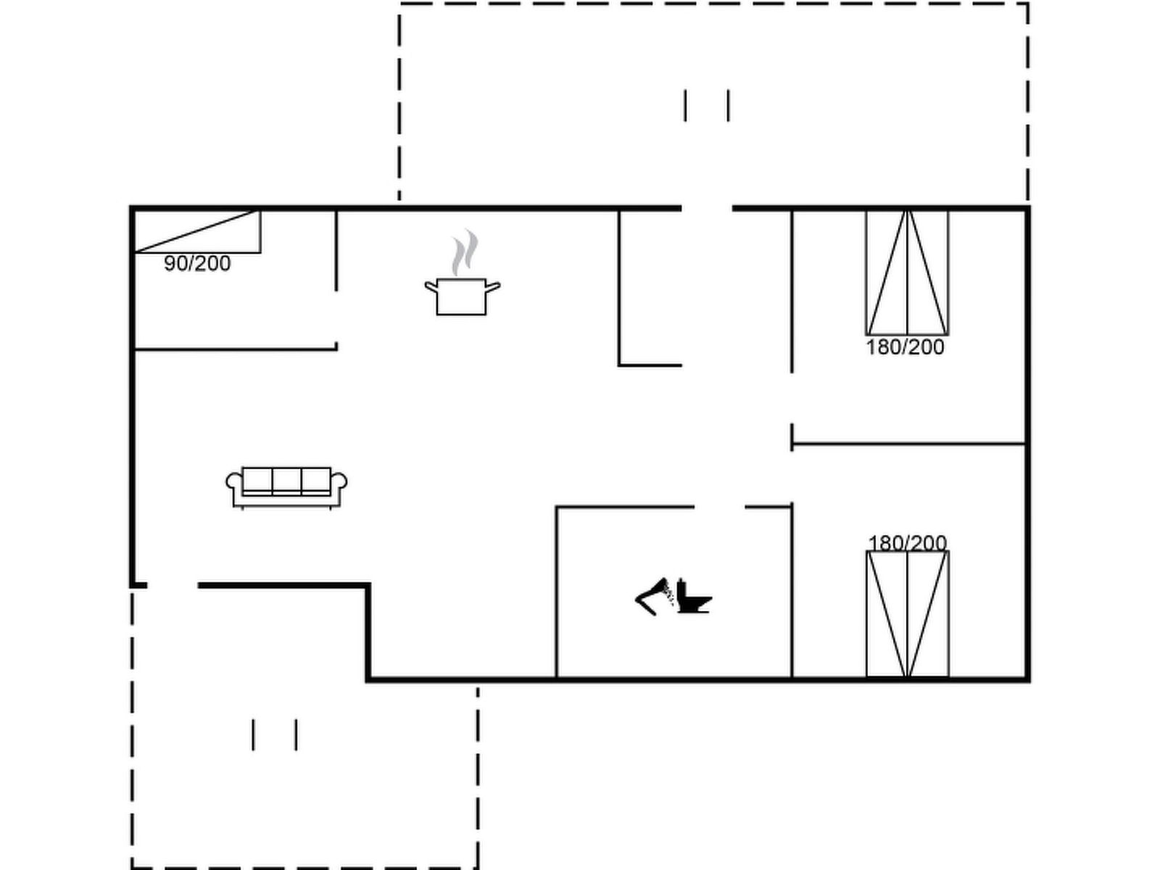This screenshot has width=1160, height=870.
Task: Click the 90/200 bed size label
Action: (x=197, y=264)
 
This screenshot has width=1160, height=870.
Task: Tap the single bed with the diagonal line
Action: (x=198, y=231)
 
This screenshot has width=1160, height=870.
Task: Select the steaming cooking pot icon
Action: (x=463, y=273)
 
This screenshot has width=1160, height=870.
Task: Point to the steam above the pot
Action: (x=465, y=252)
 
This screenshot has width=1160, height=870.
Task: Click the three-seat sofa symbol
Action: (x=286, y=487)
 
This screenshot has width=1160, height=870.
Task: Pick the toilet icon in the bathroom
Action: (x=693, y=596)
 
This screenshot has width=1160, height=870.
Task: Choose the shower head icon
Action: (x=654, y=597)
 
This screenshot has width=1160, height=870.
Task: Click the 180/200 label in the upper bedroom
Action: (x=905, y=347)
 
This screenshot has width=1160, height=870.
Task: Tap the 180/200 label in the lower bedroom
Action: (x=908, y=543)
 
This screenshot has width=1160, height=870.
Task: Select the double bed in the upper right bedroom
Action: (x=907, y=273)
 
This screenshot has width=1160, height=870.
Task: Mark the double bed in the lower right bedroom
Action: (x=908, y=614)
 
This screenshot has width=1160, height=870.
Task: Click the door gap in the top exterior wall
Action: (x=707, y=209)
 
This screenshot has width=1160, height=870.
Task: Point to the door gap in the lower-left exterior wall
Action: (x=173, y=585)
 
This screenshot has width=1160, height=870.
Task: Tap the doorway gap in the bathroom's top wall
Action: (x=720, y=507)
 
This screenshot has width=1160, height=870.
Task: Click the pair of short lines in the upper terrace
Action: (x=707, y=106)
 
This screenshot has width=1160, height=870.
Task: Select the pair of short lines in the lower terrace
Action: (x=274, y=734)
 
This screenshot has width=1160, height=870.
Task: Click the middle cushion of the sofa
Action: (x=287, y=480)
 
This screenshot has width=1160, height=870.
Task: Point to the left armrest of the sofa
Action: (x=234, y=482)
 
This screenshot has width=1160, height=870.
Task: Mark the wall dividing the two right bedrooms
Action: (x=909, y=443)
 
